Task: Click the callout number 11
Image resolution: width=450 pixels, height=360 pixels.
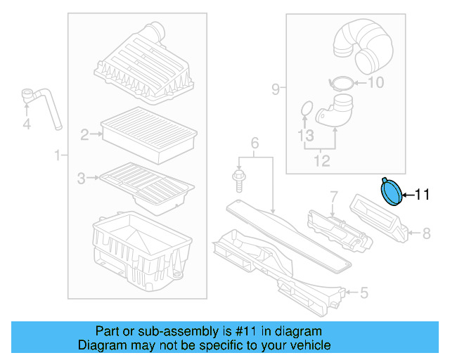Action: pyautogui.click(x=421, y=195)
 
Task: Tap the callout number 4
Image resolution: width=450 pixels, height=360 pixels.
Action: pyautogui.click(x=27, y=124)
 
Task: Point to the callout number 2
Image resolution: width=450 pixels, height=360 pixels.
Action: pyautogui.click(x=84, y=135)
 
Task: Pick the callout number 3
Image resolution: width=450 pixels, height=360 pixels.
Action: pyautogui.click(x=82, y=177)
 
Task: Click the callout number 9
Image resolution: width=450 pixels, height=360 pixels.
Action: pyautogui.click(x=276, y=89)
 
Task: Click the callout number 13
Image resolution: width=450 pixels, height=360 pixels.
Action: pyautogui.click(x=304, y=135)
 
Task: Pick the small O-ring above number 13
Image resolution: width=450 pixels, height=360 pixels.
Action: pyautogui.click(x=306, y=108)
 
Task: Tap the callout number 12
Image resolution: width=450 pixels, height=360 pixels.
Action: pyautogui.click(x=321, y=162)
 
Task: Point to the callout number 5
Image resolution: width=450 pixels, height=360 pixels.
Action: pyautogui.click(x=363, y=292)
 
